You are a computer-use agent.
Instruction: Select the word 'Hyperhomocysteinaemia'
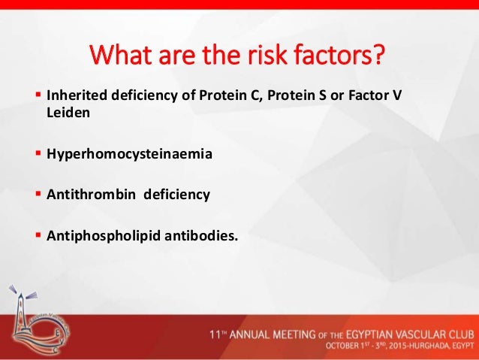click(129, 155)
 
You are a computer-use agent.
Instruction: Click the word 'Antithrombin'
click(90, 195)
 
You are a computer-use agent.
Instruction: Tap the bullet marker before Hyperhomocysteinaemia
click(39, 155)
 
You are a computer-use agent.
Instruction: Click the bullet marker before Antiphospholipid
click(39, 234)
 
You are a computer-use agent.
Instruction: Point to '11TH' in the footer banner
click(223, 333)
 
